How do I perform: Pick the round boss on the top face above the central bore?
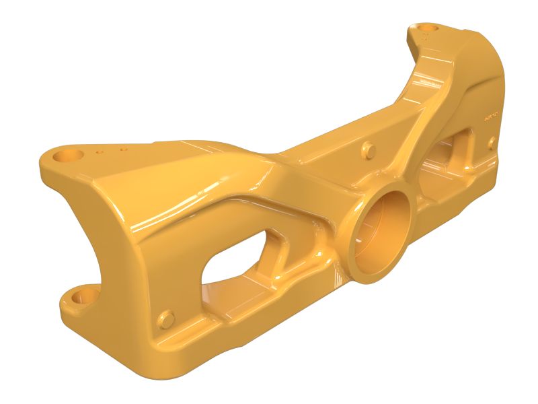pos(367,149)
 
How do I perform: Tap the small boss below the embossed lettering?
pos(492,142)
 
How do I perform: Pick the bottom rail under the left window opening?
pos(256,316)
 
